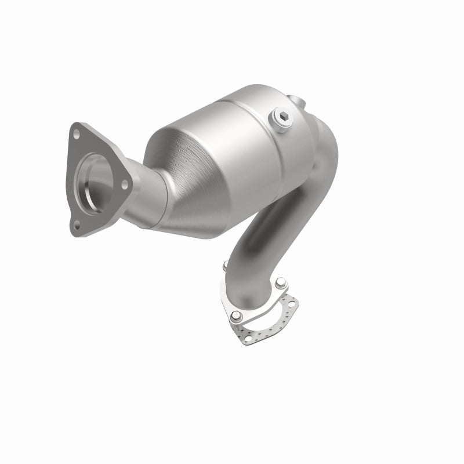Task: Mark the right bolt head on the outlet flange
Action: pos(281,284)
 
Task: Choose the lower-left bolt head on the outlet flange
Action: pos(236,316)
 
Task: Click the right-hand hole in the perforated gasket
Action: pos(295,303)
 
